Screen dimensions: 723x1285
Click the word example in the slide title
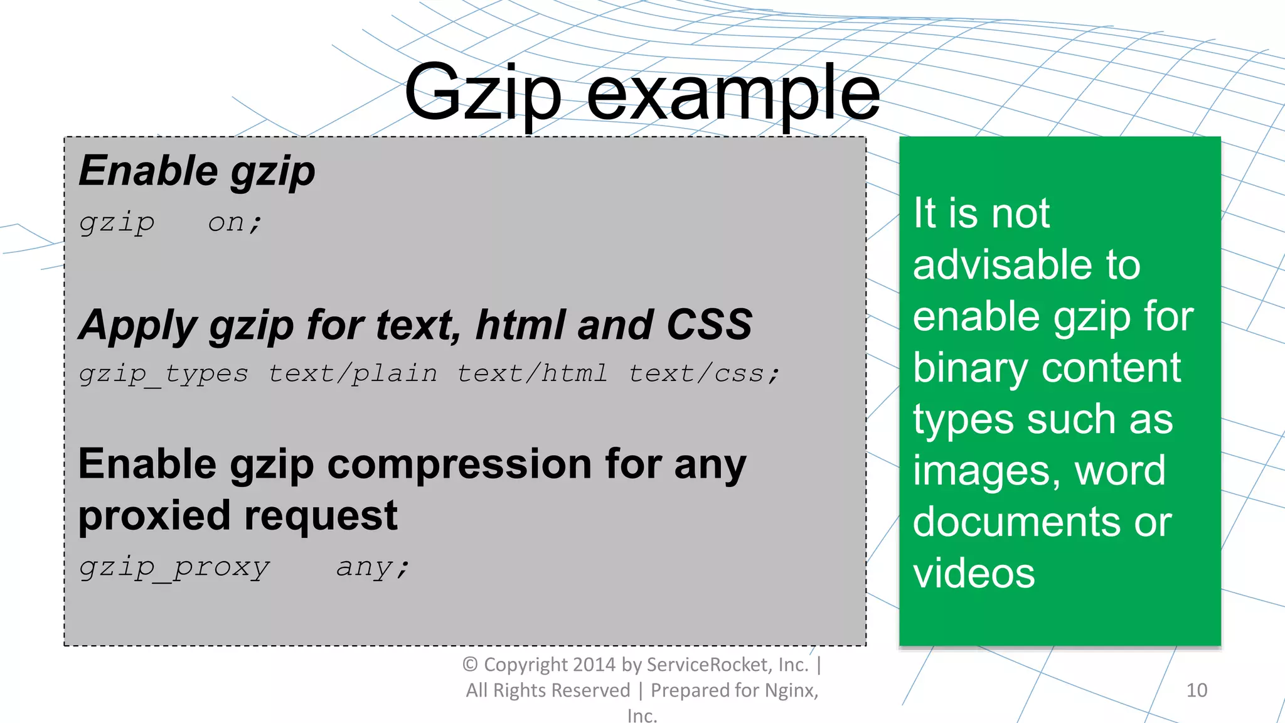click(733, 94)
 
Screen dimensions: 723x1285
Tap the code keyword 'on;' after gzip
click(235, 222)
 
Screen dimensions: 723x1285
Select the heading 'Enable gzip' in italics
click(196, 171)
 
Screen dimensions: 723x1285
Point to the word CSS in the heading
click(709, 324)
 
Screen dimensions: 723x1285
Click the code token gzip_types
click(163, 374)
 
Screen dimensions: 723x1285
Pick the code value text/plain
click(353, 374)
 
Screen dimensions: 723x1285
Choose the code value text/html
click(532, 374)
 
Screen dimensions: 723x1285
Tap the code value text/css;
click(705, 374)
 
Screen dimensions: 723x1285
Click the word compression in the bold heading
click(459, 464)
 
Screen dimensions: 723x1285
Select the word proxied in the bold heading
click(154, 516)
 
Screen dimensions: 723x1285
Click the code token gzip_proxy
click(174, 567)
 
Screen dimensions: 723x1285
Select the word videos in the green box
click(974, 573)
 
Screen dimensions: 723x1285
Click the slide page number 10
click(1197, 690)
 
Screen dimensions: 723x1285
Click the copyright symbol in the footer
click(470, 664)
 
